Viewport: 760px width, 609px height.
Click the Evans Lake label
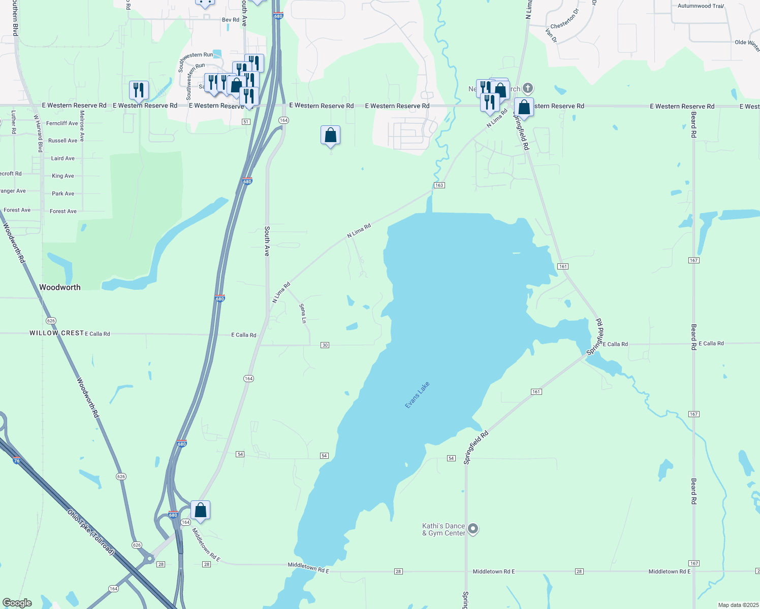(418, 395)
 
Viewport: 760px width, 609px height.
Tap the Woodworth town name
(60, 287)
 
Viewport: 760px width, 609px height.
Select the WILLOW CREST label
(56, 333)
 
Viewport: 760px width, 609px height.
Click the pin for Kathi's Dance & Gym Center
(473, 529)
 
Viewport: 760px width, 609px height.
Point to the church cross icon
(528, 89)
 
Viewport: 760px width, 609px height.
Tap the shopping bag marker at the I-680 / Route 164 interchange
(200, 510)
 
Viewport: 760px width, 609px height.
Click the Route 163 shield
(439, 185)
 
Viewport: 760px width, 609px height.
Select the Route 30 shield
(325, 345)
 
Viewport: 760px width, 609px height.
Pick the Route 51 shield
(246, 122)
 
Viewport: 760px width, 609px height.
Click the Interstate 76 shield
(17, 461)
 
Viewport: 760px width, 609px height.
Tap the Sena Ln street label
(303, 313)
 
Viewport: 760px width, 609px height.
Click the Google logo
(17, 603)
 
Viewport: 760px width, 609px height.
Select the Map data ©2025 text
(737, 605)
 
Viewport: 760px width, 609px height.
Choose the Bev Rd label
(230, 20)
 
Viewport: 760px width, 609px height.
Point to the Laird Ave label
(63, 158)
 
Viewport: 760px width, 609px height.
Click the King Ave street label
(63, 176)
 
